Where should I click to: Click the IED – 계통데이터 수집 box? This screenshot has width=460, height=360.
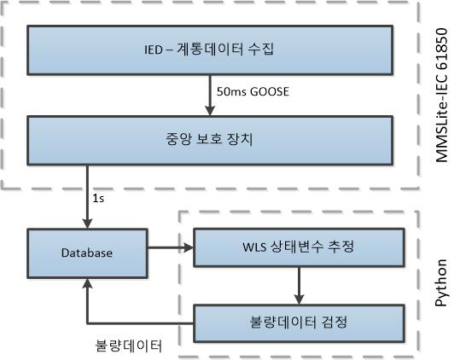pyautogui.click(x=210, y=50)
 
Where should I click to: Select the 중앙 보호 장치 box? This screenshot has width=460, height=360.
pyautogui.click(x=210, y=141)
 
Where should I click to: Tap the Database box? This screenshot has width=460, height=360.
pyautogui.click(x=87, y=253)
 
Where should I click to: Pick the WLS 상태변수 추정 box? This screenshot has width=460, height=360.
pyautogui.click(x=300, y=247)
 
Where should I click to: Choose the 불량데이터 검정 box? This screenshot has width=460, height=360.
pyautogui.click(x=300, y=323)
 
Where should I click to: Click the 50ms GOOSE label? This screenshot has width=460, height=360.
pyautogui.click(x=253, y=91)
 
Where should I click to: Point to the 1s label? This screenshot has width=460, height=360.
pyautogui.click(x=98, y=199)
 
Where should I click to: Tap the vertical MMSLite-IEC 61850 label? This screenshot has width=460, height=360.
pyautogui.click(x=441, y=95)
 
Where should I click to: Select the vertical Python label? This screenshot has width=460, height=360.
pyautogui.click(x=441, y=282)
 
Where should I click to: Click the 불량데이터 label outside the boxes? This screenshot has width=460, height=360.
pyautogui.click(x=129, y=346)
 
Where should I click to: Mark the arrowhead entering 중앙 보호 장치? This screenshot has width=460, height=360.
pyautogui.click(x=210, y=111)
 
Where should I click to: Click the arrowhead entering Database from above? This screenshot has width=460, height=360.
pyautogui.click(x=87, y=224)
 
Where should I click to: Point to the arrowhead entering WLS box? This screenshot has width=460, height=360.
pyautogui.click(x=189, y=247)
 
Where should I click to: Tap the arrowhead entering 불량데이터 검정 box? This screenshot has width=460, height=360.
pyautogui.click(x=299, y=299)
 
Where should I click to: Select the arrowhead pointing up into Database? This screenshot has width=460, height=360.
pyautogui.click(x=87, y=283)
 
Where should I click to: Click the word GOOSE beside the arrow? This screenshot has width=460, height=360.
pyautogui.click(x=270, y=91)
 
